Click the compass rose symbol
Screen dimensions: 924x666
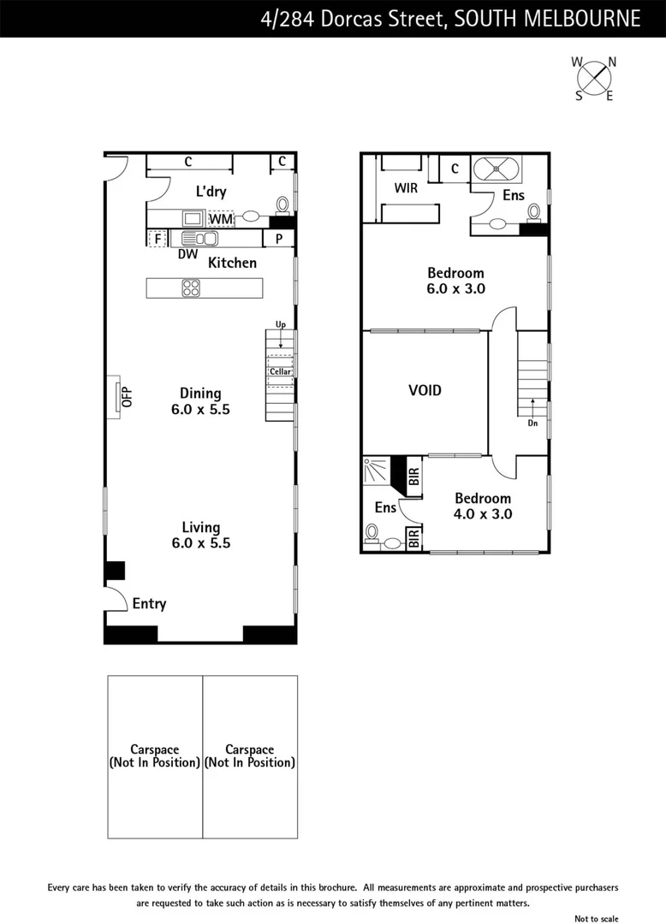tap(594, 78)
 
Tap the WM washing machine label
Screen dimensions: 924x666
tap(221, 219)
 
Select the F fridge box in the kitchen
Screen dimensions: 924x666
tap(158, 239)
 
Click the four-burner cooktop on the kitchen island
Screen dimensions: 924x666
tap(191, 288)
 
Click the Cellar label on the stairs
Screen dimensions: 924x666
tap(280, 371)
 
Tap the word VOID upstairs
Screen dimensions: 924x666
tap(425, 390)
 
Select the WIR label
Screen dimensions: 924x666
tap(406, 187)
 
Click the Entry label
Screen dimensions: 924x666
tap(149, 604)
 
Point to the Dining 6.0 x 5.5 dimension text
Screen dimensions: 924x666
tap(200, 410)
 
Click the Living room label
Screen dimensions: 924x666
tap(200, 528)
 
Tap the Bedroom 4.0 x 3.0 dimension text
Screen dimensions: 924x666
tap(483, 514)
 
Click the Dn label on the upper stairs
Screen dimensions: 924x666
tap(532, 422)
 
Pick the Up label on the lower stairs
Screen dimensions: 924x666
tap(280, 325)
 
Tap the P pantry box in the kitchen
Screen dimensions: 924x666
tap(278, 239)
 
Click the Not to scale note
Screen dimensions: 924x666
tap(596, 918)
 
